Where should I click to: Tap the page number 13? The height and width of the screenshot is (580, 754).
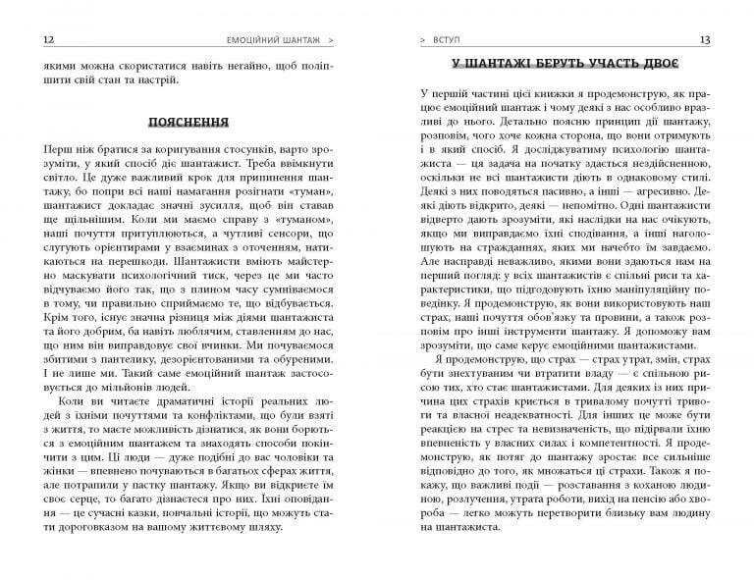(720, 40)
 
